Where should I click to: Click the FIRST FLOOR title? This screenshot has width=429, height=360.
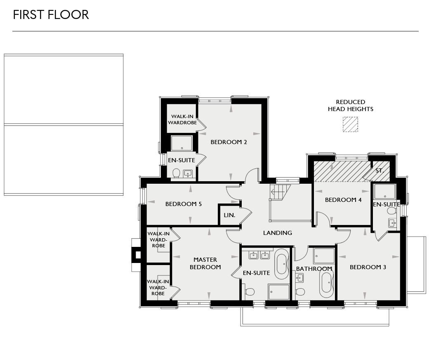[x=51, y=15]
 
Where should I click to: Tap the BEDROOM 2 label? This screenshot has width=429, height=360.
[x=229, y=142]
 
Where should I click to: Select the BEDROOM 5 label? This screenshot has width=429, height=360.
[x=183, y=204]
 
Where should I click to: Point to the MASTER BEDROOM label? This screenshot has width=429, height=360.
[x=205, y=263]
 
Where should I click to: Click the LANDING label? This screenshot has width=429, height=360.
[x=278, y=233]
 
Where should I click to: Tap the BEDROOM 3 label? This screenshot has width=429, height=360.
[x=368, y=267]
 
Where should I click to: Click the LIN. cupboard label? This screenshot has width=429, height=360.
[x=229, y=215]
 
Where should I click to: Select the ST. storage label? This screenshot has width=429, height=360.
[x=379, y=171]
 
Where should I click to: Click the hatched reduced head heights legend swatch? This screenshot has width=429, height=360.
[x=350, y=124]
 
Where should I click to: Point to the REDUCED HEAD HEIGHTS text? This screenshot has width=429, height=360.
[x=350, y=106]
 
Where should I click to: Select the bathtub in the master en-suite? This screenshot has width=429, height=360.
[x=282, y=261]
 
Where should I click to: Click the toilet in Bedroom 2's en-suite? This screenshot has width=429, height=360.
[x=176, y=173]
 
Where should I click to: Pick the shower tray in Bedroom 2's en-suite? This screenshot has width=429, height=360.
[x=182, y=143]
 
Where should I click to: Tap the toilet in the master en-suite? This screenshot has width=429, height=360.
[x=249, y=292]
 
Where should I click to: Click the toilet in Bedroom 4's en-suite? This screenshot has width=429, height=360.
[x=391, y=211]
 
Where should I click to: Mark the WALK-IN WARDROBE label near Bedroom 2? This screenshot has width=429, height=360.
[x=182, y=119]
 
